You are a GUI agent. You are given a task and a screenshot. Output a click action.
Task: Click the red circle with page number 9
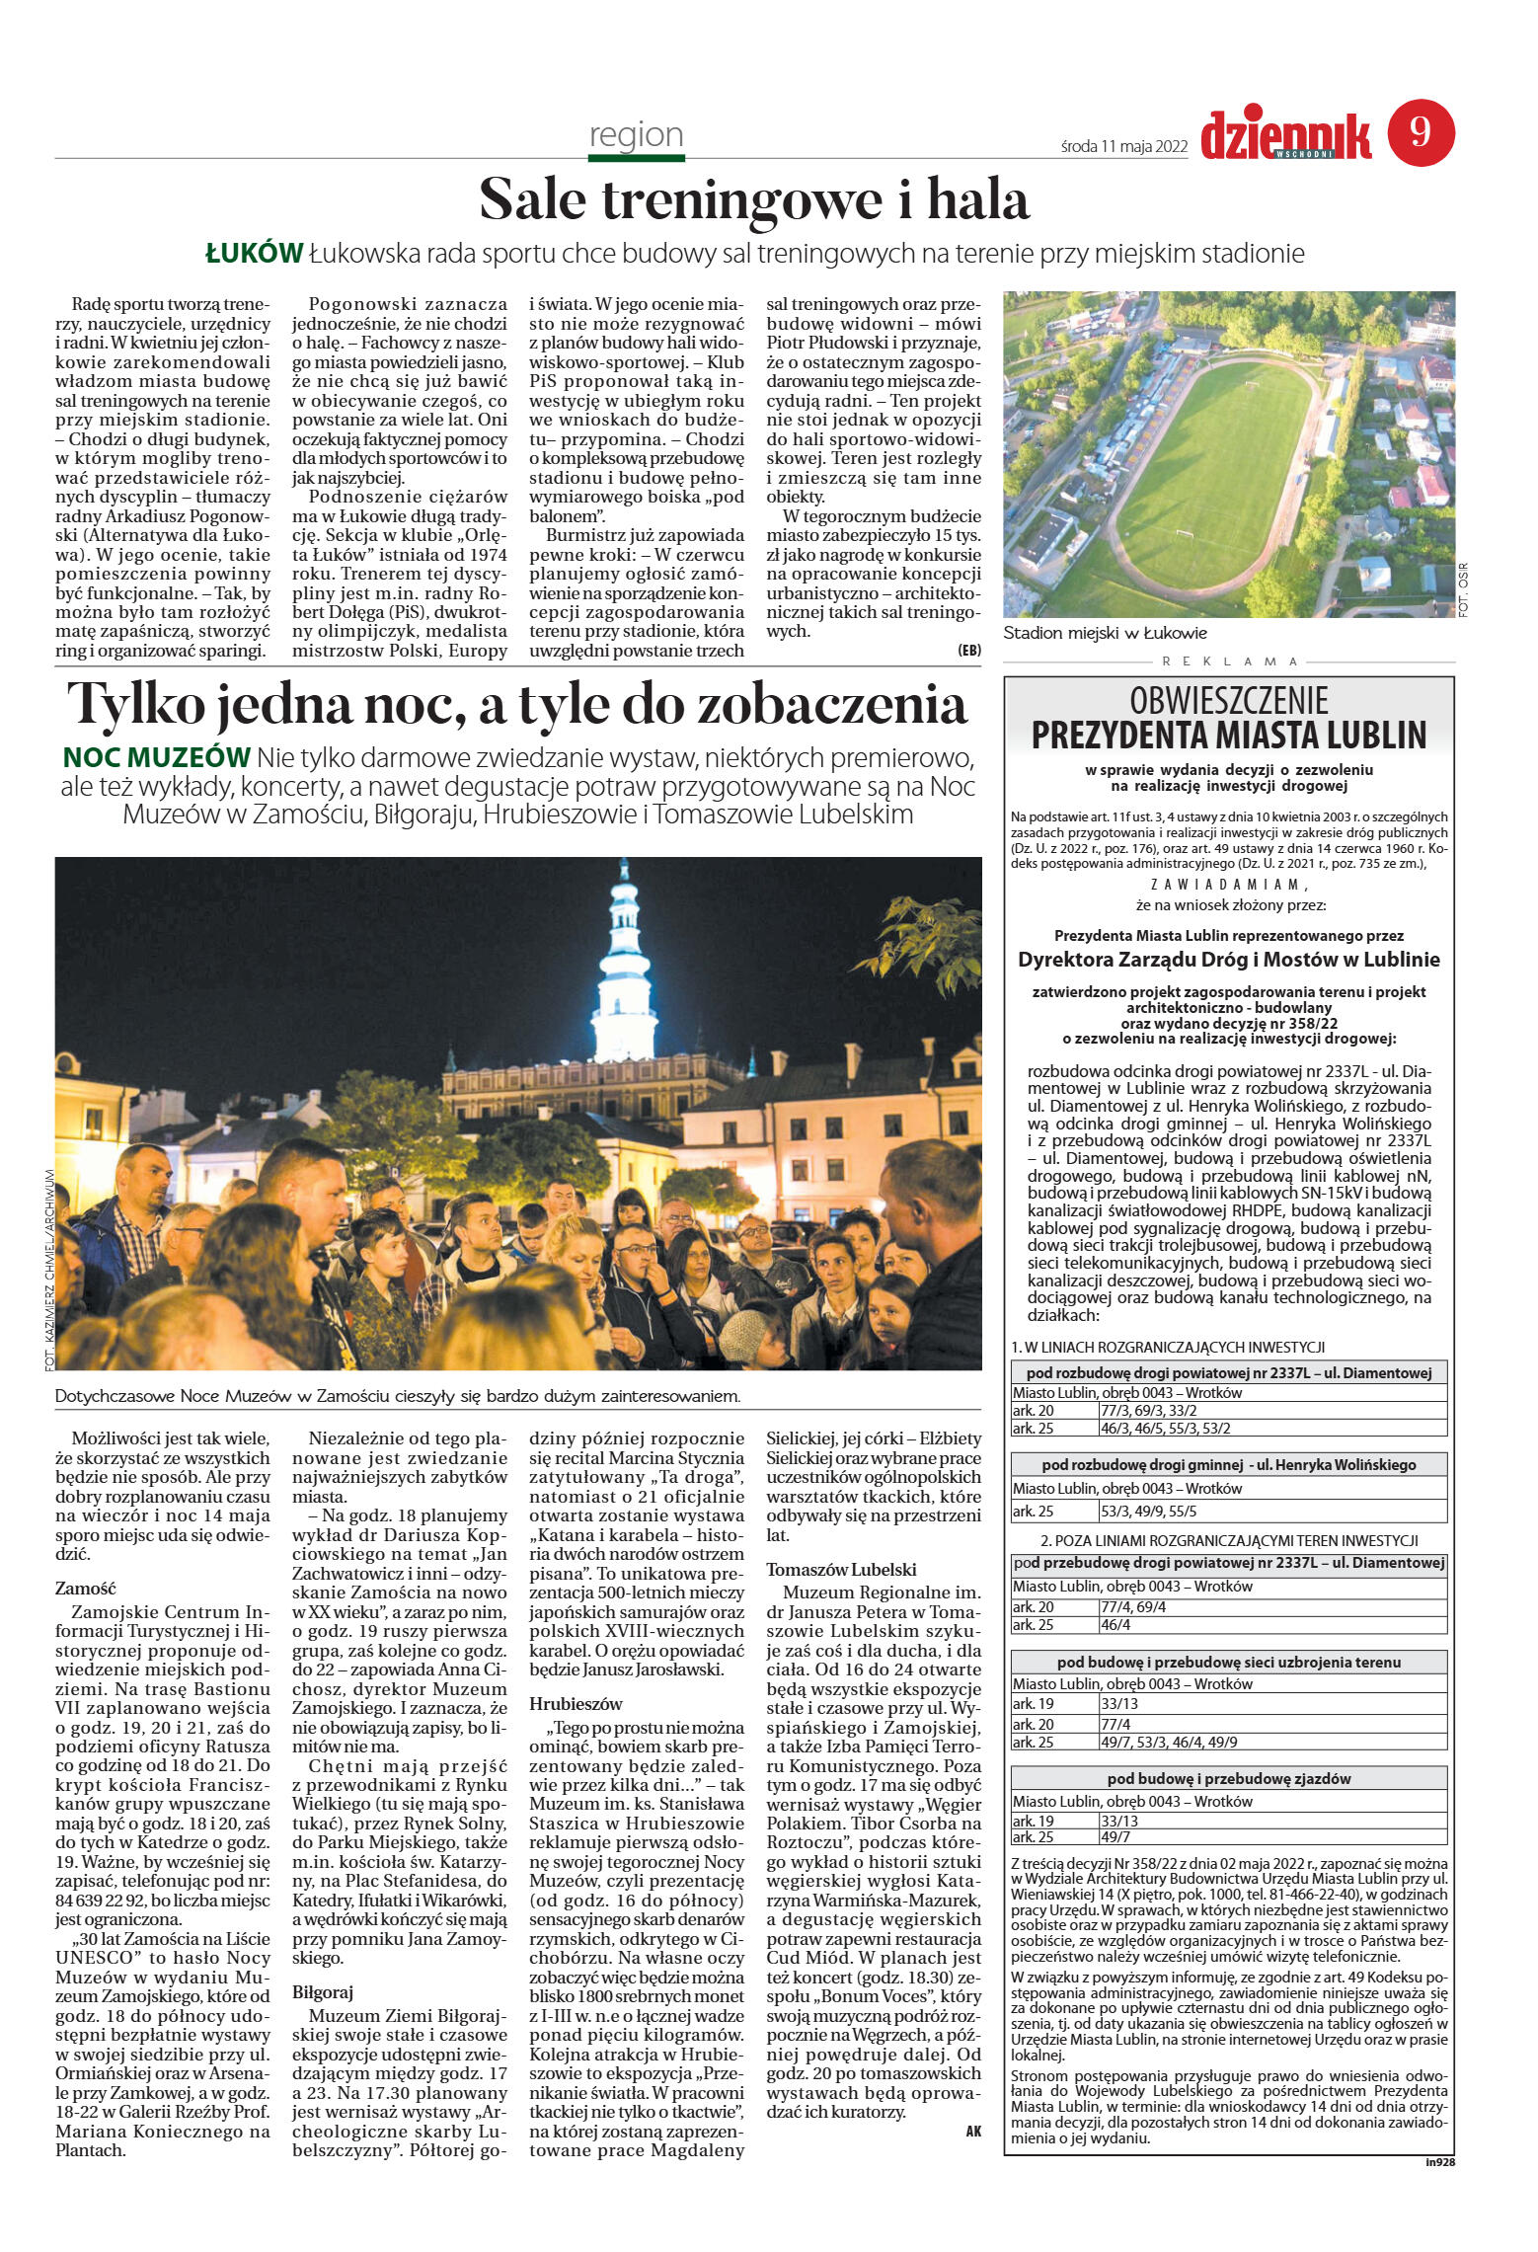tap(1421, 132)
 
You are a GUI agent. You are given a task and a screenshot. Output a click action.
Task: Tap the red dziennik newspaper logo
tap(1285, 136)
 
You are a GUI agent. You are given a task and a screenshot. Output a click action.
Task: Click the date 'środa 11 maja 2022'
tap(1123, 147)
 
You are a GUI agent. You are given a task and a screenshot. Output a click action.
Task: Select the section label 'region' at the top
tap(636, 134)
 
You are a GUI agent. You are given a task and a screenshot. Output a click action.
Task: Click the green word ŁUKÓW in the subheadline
tap(254, 254)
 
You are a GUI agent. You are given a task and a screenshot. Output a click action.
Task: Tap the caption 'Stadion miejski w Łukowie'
tap(1105, 633)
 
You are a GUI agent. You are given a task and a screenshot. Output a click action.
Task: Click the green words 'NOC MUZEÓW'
tap(156, 757)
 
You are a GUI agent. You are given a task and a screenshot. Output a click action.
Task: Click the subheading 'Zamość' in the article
tap(86, 1589)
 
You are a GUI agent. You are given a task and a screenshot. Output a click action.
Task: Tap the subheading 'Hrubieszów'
tap(576, 1703)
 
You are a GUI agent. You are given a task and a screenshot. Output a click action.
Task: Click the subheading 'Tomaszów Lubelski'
tap(841, 1569)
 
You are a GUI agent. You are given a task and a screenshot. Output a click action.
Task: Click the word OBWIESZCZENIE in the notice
tap(1229, 701)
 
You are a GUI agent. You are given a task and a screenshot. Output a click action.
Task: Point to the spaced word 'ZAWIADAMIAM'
tap(1228, 885)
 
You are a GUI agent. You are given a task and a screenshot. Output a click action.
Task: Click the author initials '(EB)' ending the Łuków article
tap(968, 650)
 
